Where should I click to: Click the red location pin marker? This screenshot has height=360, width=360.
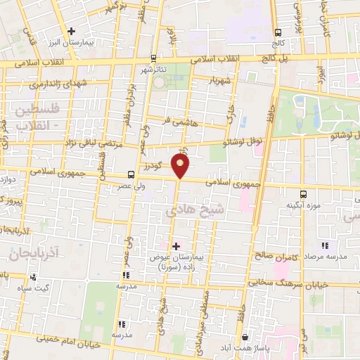coord(181,166)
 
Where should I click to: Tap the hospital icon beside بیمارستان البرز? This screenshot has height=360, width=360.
coord(72,30)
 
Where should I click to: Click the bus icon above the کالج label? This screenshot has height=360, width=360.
coord(278,32)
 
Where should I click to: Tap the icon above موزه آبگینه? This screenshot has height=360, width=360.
coord(303,193)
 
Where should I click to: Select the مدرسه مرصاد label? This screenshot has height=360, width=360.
coord(326,257)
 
